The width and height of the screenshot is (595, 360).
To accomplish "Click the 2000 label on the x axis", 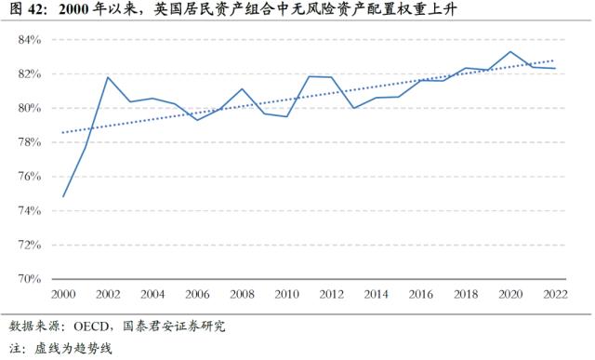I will pos(64,294).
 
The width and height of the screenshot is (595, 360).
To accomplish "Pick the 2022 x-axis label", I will pos(555,294).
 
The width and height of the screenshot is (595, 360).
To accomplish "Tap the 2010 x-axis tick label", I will pos(287,294).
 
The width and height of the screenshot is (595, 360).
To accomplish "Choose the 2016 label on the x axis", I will pos(421,294).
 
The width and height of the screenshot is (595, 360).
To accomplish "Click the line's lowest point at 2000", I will pos(64,196).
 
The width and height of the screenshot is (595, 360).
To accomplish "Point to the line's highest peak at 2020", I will pos(510,52).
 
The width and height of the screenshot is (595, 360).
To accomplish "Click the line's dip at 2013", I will pos(354,108).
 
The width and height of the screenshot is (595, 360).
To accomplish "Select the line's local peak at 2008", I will pos(243,89).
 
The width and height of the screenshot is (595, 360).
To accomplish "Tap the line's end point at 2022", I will pos(555,68).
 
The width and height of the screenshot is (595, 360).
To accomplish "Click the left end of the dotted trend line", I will pos(64,133).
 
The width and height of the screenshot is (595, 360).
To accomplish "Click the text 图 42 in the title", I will pos(24,11).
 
